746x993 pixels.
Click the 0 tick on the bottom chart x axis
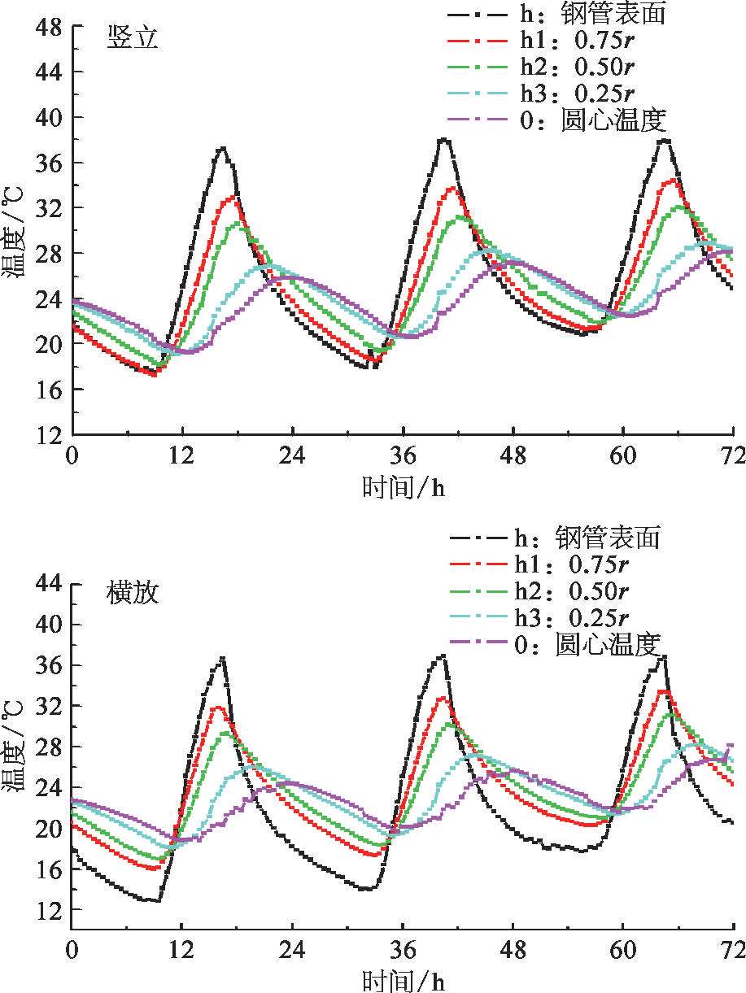[x=72, y=949]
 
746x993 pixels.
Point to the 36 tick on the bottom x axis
[x=403, y=949]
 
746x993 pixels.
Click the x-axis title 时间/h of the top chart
[x=403, y=487]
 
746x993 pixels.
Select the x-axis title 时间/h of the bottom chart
[x=403, y=978]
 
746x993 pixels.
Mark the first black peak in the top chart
[x=221, y=148]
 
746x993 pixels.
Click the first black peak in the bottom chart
[x=222, y=658]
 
